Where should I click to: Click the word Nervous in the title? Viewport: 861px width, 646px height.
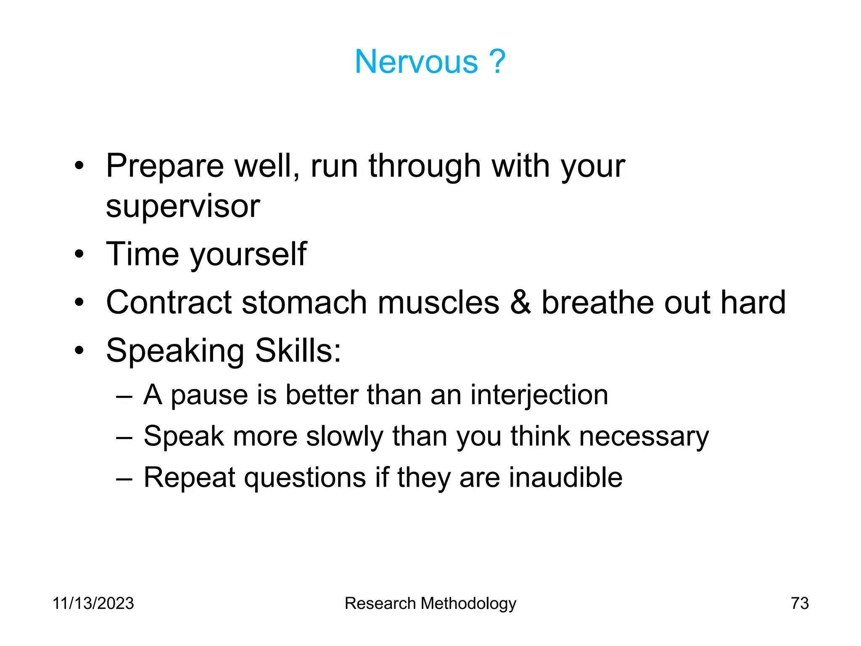pos(416,62)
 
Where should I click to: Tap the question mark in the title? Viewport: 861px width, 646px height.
pos(497,62)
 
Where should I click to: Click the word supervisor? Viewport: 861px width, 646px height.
pos(183,207)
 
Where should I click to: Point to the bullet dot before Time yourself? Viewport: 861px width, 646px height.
pos(79,254)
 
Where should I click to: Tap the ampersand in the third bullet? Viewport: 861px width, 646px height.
pos(520,302)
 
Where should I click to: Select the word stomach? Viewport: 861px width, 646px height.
pos(304,303)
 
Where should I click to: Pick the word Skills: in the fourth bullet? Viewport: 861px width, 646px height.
pos(298,350)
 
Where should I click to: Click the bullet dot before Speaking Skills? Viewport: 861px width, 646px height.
pos(79,350)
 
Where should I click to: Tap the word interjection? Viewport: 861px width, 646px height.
pos(539,396)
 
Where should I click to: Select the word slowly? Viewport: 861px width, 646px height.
pos(345,437)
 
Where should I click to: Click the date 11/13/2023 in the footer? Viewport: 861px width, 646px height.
pos(93,604)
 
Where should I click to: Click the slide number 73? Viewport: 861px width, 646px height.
pos(799,604)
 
